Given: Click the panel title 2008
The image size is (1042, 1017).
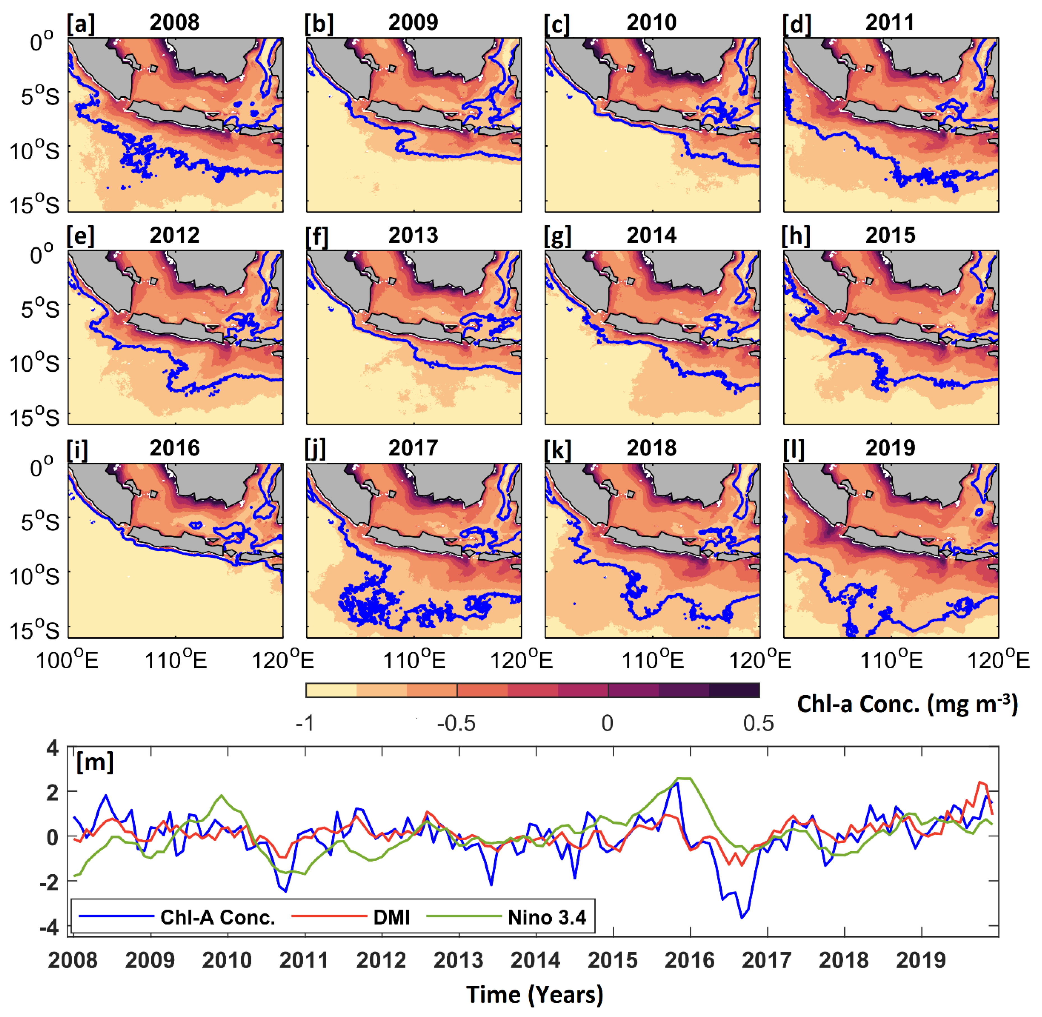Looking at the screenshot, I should click(x=174, y=22).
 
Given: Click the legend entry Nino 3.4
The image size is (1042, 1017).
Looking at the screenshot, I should click(x=547, y=918).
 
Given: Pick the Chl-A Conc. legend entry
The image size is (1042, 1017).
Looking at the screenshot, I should click(x=217, y=918).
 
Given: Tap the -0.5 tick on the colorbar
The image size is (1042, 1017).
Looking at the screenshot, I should click(x=456, y=724).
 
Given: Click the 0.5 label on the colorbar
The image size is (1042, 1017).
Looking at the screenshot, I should click(x=758, y=724).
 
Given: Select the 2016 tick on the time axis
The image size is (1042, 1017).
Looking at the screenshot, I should click(x=689, y=960).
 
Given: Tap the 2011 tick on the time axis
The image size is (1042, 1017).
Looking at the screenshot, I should click(x=304, y=960).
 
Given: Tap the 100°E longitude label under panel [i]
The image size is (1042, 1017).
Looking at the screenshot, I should click(x=67, y=661).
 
